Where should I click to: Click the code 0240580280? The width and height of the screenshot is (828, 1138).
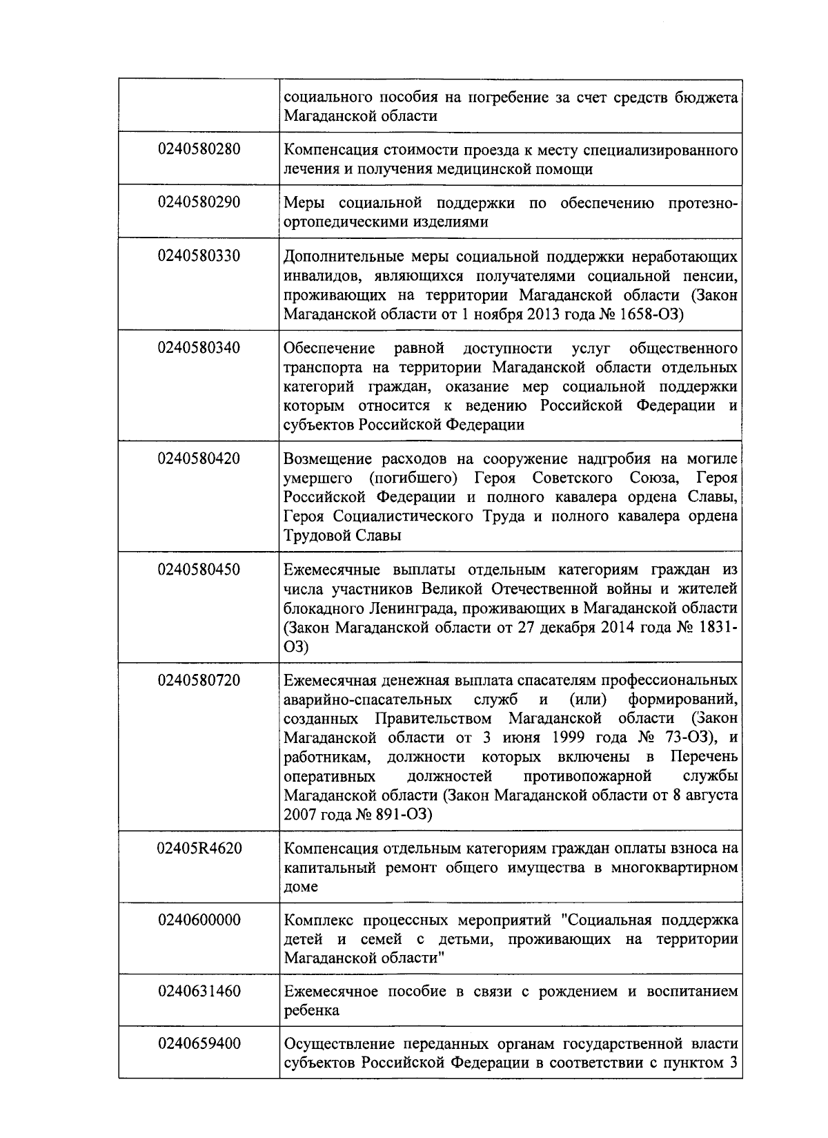[199, 148]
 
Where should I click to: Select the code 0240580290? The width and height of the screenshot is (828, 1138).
[199, 202]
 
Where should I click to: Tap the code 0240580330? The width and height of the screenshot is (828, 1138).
[199, 255]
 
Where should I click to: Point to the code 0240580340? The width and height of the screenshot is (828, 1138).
[199, 347]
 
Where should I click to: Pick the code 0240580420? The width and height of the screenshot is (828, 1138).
[199, 458]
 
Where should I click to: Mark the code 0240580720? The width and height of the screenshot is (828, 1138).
[199, 680]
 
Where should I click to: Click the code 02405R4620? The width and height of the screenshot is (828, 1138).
[199, 847]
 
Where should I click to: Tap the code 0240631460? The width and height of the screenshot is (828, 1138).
[199, 992]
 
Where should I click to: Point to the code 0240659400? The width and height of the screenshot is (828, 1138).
[199, 1043]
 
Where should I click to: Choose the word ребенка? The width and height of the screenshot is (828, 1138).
[311, 1011]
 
